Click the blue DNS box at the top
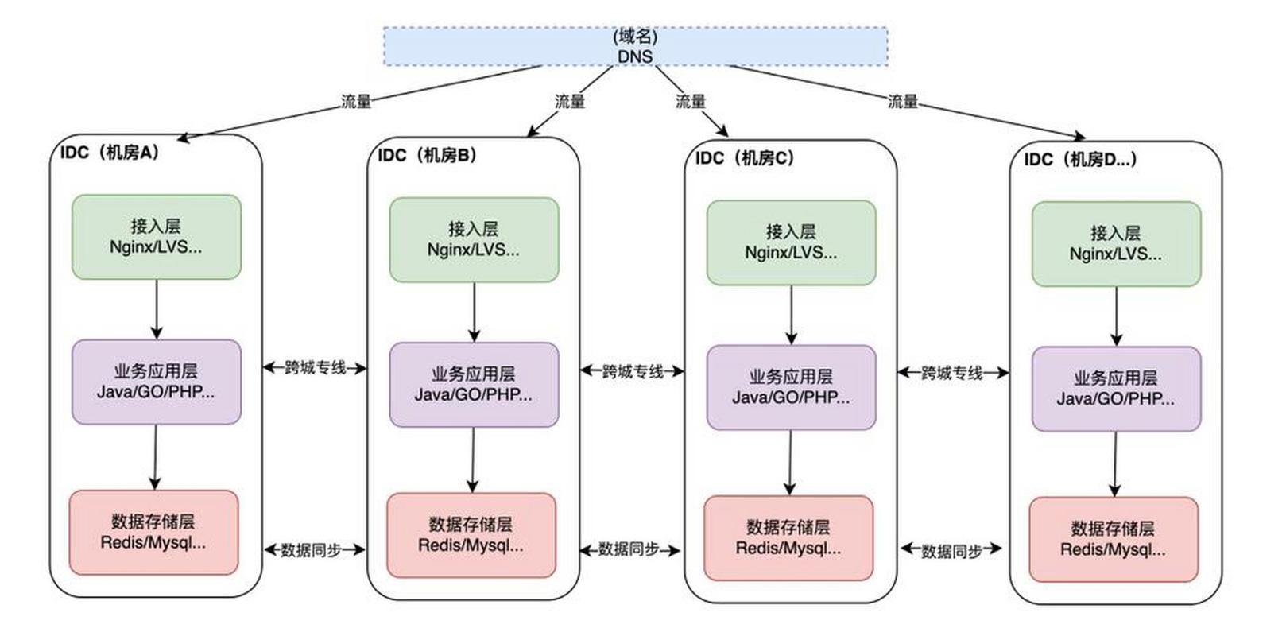pyautogui.click(x=635, y=46)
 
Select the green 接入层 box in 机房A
pyautogui.click(x=157, y=237)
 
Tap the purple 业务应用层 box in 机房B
pyautogui.click(x=474, y=385)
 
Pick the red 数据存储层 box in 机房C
pyautogui.click(x=788, y=538)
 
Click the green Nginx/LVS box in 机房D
pyautogui.click(x=1116, y=244)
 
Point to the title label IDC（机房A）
pyautogui.click(x=110, y=153)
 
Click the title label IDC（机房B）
pyautogui.click(x=428, y=155)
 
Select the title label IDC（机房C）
pyautogui.click(x=745, y=158)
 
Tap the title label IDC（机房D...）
pyautogui.click(x=1080, y=160)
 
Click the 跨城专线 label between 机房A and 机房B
pyautogui.click(x=316, y=368)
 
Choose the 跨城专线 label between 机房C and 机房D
pyautogui.click(x=952, y=373)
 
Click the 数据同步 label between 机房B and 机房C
pyautogui.click(x=629, y=549)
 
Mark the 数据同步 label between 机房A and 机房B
pyautogui.click(x=312, y=550)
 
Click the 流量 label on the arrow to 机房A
pyautogui.click(x=356, y=102)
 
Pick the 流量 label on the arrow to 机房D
pyautogui.click(x=903, y=102)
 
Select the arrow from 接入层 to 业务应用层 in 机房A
pyautogui.click(x=157, y=309)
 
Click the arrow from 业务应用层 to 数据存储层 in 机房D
pyautogui.click(x=1115, y=464)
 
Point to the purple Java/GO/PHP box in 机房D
pyautogui.click(x=1116, y=389)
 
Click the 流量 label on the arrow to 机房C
pyautogui.click(x=690, y=102)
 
